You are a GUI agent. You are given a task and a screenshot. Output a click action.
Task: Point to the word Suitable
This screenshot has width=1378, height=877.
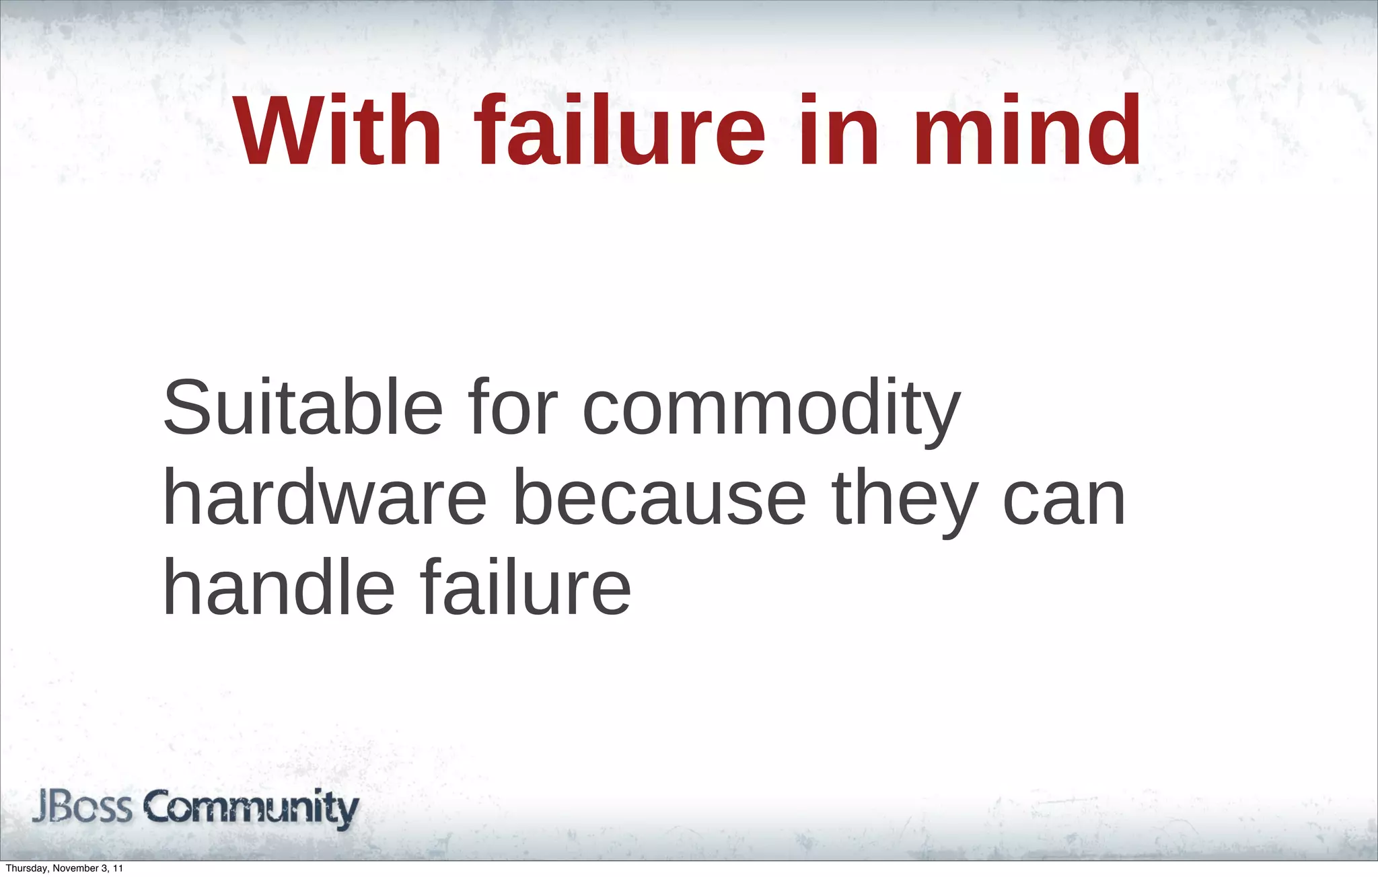point(303,408)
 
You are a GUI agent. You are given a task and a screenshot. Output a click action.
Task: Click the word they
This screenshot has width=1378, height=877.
point(905,501)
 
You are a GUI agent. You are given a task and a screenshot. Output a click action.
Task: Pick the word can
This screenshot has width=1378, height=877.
point(1064,501)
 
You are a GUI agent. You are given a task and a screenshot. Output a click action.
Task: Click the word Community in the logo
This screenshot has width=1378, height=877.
point(252,808)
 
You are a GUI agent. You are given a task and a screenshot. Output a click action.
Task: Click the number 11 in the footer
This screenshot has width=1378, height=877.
point(118,868)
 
